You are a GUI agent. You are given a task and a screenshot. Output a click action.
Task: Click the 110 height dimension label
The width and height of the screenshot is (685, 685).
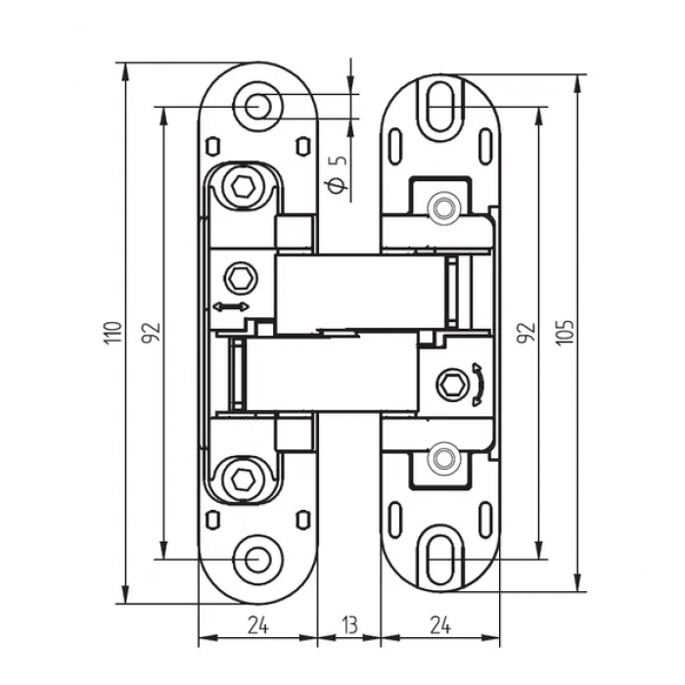coord(113,334)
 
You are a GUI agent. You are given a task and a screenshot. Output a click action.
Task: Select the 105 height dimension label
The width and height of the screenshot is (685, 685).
coord(566,333)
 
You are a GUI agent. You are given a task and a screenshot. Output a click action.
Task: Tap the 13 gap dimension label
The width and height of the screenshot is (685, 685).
coord(350,625)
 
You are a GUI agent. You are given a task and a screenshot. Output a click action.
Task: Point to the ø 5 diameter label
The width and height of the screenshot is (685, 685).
coord(337,173)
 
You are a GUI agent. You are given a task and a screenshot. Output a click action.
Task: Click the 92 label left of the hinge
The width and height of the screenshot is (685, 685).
coord(151,333)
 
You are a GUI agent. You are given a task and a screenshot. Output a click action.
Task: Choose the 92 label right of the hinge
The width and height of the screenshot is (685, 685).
coord(526,333)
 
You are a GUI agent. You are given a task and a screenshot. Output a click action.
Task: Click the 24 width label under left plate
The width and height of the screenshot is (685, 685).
coord(258,625)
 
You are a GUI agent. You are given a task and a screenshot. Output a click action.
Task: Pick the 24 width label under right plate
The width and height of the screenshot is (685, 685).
coord(440,625)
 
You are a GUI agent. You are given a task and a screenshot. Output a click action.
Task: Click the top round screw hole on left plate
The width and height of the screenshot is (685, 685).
coord(257,106)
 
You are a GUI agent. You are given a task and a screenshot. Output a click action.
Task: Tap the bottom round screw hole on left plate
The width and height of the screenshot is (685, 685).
coord(257,559)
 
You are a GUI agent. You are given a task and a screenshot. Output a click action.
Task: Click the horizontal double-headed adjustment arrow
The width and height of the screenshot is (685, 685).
coord(231,306)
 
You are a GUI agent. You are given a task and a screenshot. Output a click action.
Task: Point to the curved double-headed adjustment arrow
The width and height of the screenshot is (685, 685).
coord(479,385)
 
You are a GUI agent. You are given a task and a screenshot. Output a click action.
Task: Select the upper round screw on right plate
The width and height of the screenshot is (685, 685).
coord(443,206)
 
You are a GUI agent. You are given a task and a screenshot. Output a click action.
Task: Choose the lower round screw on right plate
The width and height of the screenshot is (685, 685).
coord(443,457)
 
